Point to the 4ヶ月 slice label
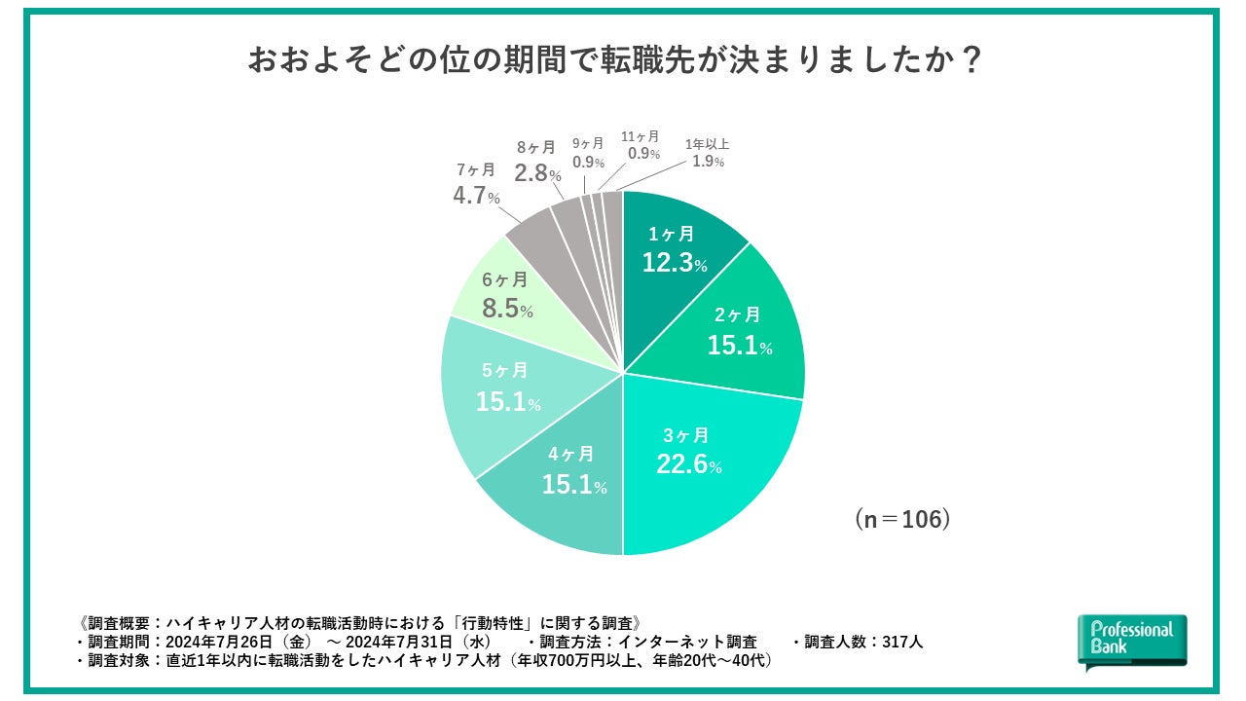tap(573, 454)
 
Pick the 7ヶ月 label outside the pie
tap(477, 169)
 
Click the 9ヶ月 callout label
tap(588, 142)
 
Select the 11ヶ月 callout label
tap(641, 136)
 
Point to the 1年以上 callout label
tap(708, 144)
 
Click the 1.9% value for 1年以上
tap(708, 162)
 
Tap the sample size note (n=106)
tap(901, 519)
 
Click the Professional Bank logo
tap(1132, 640)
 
